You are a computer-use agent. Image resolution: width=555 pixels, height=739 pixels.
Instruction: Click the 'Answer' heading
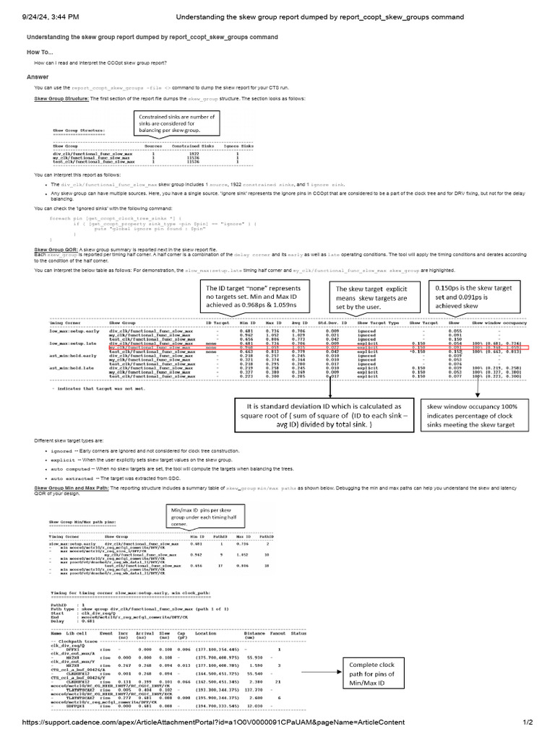coord(38,76)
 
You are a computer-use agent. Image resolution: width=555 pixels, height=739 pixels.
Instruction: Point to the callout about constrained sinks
coord(184,123)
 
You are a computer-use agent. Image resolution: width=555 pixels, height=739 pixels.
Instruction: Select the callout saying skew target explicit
coord(376,296)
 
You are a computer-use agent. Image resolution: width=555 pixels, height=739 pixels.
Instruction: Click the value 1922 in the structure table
coord(193,153)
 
